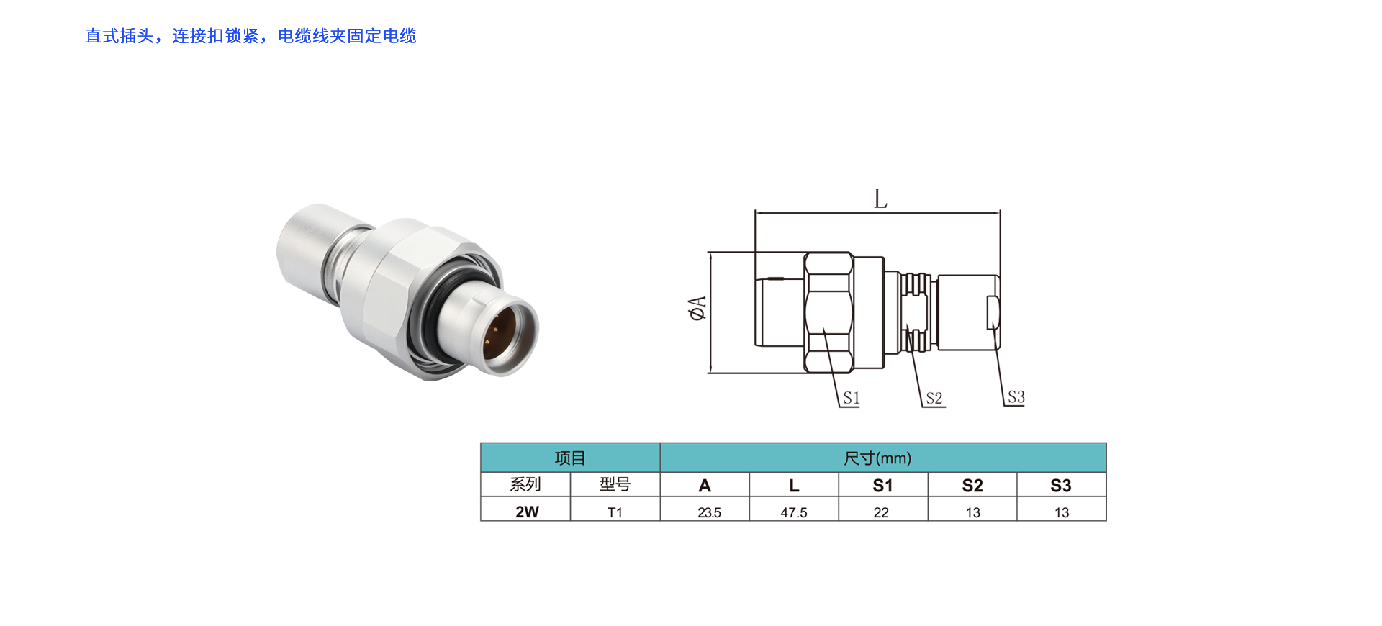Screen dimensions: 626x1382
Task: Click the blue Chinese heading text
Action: tap(250, 36)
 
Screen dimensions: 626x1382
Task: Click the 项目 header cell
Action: tap(570, 458)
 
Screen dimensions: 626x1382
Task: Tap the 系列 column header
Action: tap(525, 485)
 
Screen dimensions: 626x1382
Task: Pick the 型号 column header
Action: tap(615, 485)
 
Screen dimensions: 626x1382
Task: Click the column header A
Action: tap(705, 486)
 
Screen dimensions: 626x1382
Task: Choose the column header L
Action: tap(794, 486)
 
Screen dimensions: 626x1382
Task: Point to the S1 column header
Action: tap(882, 486)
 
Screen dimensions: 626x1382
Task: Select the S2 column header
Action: tap(972, 486)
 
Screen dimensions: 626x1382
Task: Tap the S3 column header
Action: tap(1061, 486)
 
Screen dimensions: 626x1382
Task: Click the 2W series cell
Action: tap(527, 512)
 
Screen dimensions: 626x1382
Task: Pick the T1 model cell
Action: tap(615, 512)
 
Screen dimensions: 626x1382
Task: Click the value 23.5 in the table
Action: tap(709, 512)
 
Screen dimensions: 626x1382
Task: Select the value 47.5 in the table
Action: tap(794, 512)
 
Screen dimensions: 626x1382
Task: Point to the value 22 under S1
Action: tap(881, 512)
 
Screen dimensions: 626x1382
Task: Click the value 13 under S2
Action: tap(972, 512)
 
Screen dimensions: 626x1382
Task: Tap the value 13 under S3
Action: tap(1062, 512)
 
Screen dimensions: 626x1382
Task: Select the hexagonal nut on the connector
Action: tap(392, 295)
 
